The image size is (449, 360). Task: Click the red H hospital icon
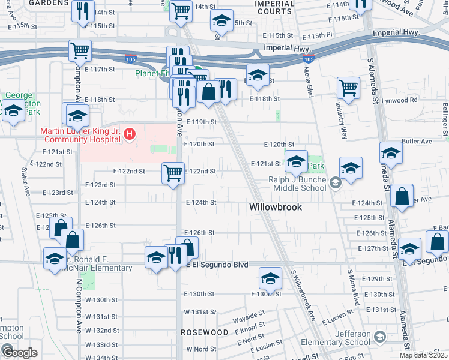click(130, 137)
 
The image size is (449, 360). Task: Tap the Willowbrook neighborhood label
click(275, 208)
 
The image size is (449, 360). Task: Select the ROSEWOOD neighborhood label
click(205, 332)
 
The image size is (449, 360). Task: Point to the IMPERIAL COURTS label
click(274, 7)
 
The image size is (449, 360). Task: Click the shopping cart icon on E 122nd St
click(173, 173)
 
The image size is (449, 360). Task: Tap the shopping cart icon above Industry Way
click(348, 88)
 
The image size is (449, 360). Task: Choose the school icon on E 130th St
click(270, 278)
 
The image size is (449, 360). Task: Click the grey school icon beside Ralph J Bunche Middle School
click(336, 183)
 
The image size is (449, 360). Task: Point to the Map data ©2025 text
click(424, 355)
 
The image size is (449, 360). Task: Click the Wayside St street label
click(250, 314)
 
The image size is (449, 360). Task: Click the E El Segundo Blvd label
click(220, 264)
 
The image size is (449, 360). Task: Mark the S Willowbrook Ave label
click(303, 293)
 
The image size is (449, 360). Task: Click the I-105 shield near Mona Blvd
click(308, 59)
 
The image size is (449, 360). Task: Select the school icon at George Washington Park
click(13, 110)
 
